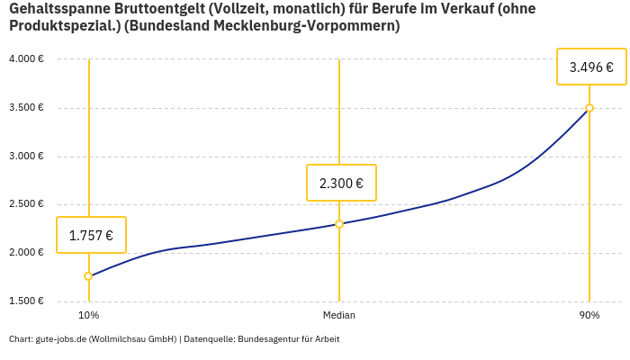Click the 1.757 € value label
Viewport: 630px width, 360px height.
click(x=91, y=236)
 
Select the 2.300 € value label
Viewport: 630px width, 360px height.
click(x=341, y=184)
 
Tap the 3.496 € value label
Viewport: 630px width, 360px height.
click(x=591, y=67)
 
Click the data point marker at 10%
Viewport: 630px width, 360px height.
click(x=88, y=276)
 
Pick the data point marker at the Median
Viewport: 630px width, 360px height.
click(x=339, y=224)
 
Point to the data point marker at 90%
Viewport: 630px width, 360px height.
click(x=589, y=108)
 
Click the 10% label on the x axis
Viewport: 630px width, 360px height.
click(x=88, y=315)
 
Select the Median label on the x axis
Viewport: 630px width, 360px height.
click(x=339, y=315)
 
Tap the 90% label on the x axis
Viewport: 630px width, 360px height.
click(x=589, y=315)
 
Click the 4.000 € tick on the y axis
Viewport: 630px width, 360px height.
click(x=26, y=59)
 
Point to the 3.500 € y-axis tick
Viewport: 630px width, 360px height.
click(x=26, y=108)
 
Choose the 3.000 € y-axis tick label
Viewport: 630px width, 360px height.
click(x=26, y=156)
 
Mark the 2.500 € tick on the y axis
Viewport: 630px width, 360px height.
click(x=26, y=204)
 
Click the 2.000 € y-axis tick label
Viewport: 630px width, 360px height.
click(x=26, y=253)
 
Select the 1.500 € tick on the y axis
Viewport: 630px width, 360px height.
click(x=26, y=301)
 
